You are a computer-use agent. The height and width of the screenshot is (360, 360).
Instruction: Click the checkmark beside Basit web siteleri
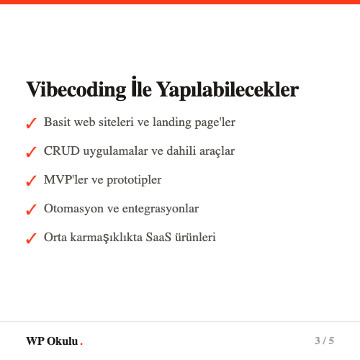(31, 124)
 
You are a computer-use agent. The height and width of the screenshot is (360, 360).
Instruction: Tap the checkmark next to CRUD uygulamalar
(31, 153)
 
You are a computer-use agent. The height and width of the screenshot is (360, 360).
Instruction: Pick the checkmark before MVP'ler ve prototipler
(31, 181)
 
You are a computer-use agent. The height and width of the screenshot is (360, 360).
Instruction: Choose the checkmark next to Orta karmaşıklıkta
(31, 238)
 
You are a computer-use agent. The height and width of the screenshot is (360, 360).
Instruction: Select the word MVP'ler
(65, 179)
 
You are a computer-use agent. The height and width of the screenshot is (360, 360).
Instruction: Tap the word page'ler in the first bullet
(213, 122)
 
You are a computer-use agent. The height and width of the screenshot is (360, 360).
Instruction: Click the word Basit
(57, 122)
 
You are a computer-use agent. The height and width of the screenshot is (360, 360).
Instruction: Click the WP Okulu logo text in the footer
(52, 341)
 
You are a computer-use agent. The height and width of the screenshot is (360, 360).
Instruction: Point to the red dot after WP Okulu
(81, 343)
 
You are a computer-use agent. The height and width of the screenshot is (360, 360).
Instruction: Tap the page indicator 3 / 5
(324, 340)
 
